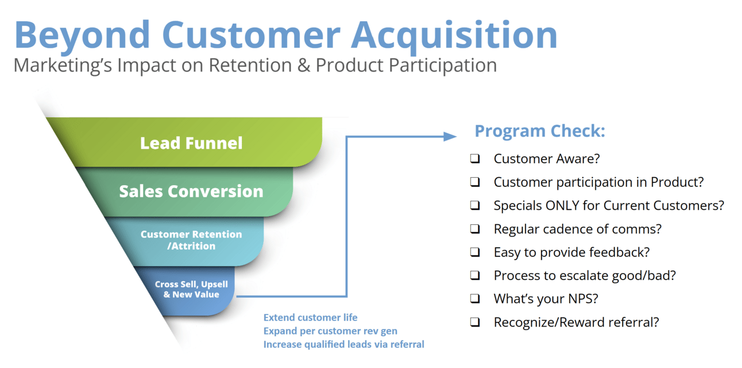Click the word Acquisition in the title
coord(454,36)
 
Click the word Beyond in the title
coord(82,36)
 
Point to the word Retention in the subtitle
coord(250,65)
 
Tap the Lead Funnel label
coord(191,143)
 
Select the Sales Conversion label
coord(191,191)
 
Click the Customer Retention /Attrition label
coord(191,240)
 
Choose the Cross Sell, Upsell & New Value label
coord(191,289)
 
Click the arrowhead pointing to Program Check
coord(450,136)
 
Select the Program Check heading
coord(540,131)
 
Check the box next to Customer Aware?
coord(475,159)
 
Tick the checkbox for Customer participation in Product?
coord(475,182)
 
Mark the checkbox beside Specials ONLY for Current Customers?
coord(475,205)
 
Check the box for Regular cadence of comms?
coord(475,229)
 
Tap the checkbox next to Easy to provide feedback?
coord(475,252)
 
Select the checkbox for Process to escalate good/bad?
coord(475,275)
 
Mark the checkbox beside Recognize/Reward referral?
coord(475,322)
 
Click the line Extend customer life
coord(310,317)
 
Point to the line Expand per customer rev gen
coord(330,331)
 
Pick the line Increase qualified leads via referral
coord(344,344)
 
